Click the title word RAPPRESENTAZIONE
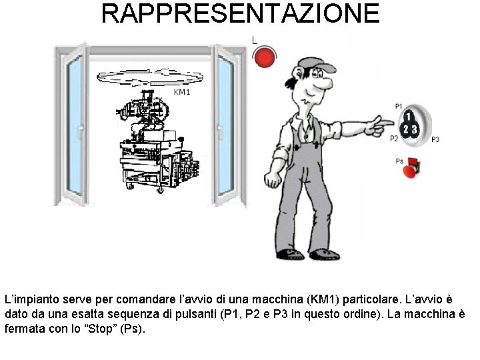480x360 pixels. point(240,13)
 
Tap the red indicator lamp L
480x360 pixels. point(265,57)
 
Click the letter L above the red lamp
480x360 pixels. point(255,40)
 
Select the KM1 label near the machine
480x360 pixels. point(182,92)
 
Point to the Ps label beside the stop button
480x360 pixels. point(399,161)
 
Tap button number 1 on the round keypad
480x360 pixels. point(409,117)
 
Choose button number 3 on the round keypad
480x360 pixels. point(414,129)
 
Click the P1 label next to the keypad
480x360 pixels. point(398,106)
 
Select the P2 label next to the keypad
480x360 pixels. point(394,139)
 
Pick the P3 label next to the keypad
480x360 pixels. point(435,139)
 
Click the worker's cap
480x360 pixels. point(316,65)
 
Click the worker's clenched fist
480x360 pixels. point(273,179)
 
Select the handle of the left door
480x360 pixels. point(80,132)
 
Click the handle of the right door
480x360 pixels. point(220,132)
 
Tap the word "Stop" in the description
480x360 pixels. point(101,329)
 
